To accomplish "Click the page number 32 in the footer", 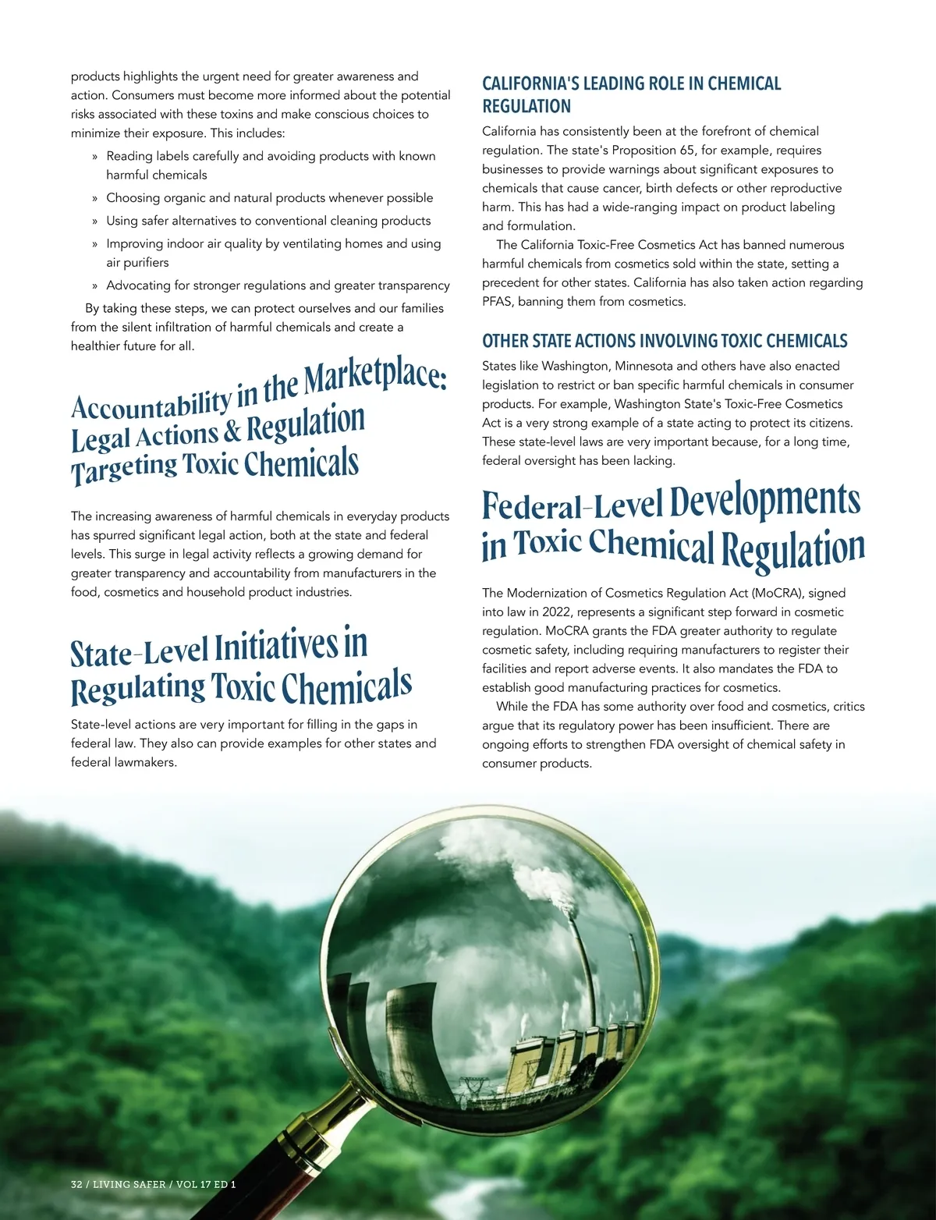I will pyautogui.click(x=76, y=1184).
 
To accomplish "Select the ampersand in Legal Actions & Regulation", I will pyautogui.click(x=232, y=431).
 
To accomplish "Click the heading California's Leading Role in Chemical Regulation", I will pyautogui.click(x=631, y=94).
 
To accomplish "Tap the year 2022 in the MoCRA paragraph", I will pyautogui.click(x=556, y=612).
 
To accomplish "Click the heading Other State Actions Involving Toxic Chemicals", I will pyautogui.click(x=665, y=341).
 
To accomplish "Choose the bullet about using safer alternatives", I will pyautogui.click(x=268, y=221).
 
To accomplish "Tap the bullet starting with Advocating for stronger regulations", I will pyautogui.click(x=278, y=285).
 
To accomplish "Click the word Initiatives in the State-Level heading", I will pyautogui.click(x=277, y=647).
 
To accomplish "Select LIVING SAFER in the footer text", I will pyautogui.click(x=129, y=1184).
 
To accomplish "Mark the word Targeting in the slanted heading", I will pyautogui.click(x=125, y=469).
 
